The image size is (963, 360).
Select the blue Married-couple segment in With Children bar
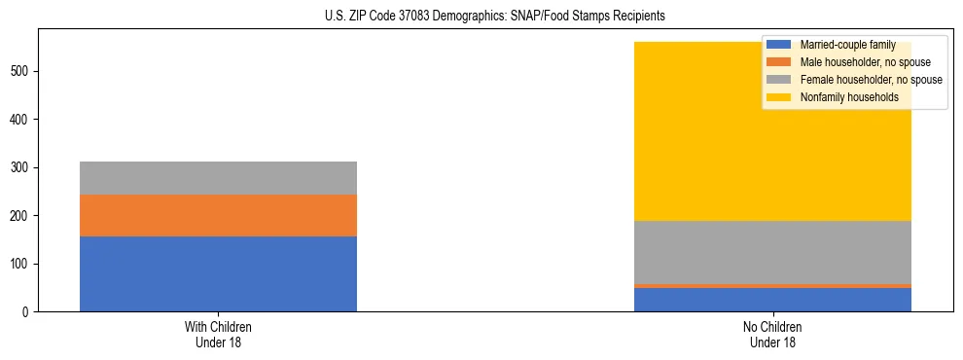[x=218, y=273]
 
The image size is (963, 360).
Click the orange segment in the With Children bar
[x=218, y=215]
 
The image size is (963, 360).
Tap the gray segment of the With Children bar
[x=218, y=178]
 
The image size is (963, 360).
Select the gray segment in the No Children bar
[x=772, y=252]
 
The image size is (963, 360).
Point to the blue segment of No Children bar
[x=772, y=300]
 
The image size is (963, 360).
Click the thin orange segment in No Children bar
[x=772, y=286]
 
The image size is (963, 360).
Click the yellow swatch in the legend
[x=780, y=97]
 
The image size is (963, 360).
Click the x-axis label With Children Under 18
[x=218, y=335]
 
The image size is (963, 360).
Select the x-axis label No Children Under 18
[x=772, y=335]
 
